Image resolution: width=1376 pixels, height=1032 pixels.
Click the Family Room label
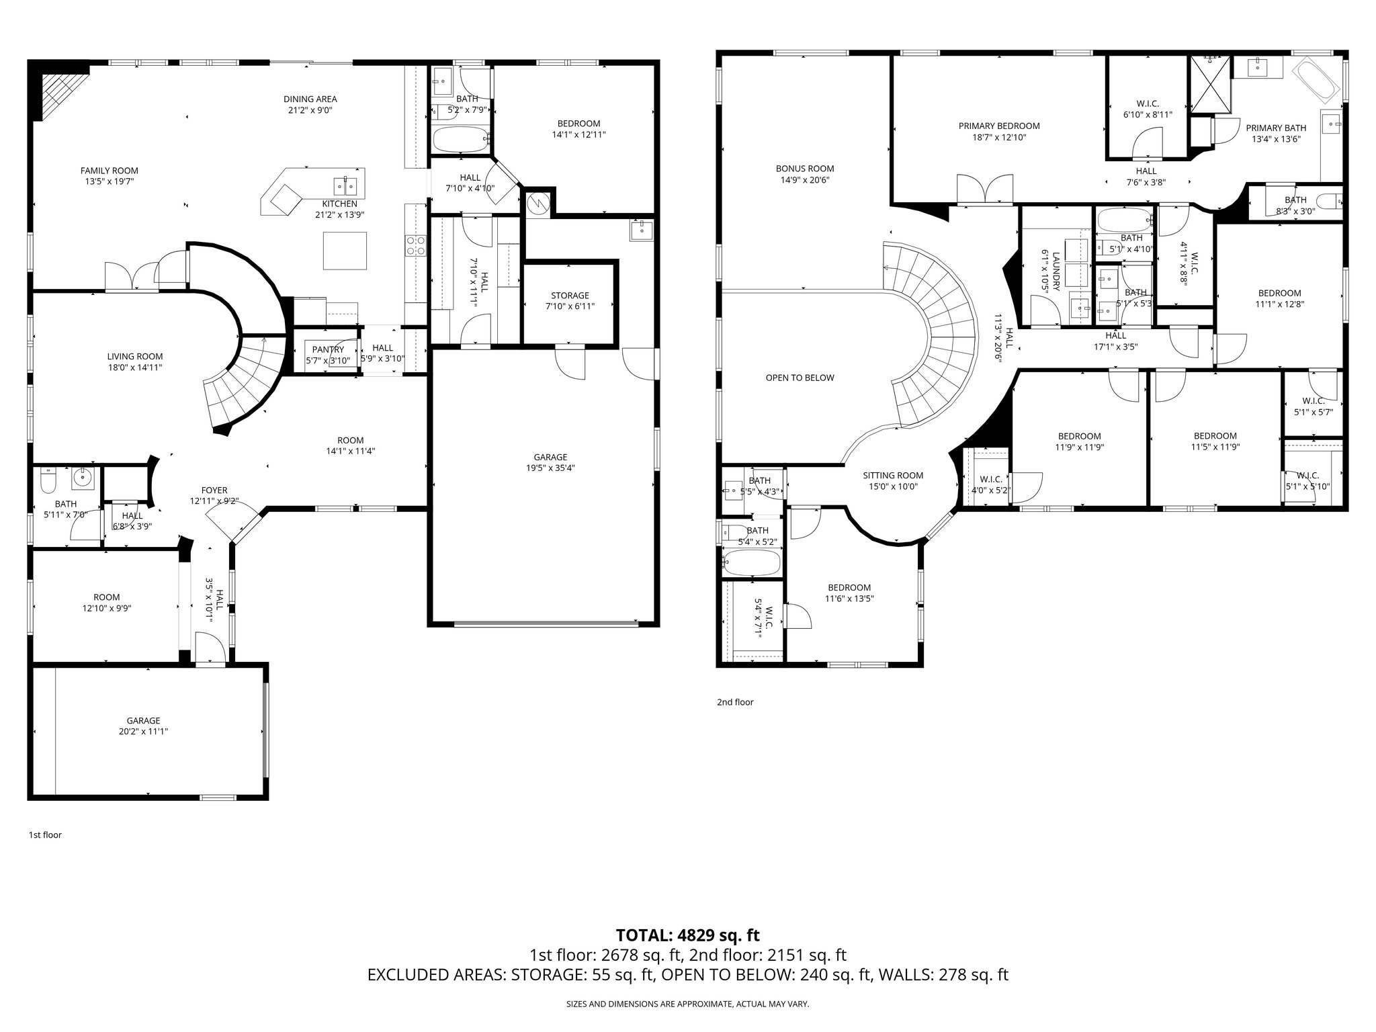click(x=109, y=171)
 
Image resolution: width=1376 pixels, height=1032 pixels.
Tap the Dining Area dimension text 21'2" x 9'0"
click(x=310, y=110)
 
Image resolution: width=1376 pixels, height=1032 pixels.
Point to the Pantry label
click(x=328, y=349)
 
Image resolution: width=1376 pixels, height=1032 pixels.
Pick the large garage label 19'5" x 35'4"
click(x=550, y=468)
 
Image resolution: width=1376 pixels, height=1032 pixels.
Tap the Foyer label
click(x=214, y=490)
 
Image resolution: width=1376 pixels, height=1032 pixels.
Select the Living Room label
click(x=134, y=357)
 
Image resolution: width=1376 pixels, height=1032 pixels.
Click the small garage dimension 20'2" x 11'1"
click(x=143, y=732)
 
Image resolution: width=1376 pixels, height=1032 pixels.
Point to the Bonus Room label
click(x=804, y=169)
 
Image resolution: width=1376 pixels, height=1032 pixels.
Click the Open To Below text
click(x=800, y=378)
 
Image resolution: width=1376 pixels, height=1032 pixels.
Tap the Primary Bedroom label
click(x=998, y=126)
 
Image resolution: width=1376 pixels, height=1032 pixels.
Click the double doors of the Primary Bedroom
click(x=985, y=189)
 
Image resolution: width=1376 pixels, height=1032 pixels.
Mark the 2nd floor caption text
click(x=735, y=702)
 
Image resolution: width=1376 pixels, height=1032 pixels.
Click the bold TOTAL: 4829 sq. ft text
click(x=687, y=935)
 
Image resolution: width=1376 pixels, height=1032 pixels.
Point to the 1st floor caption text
click(x=45, y=835)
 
